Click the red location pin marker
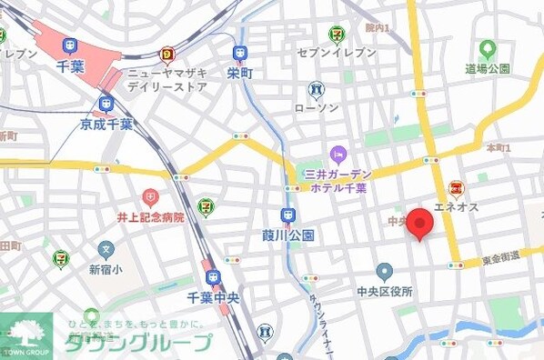click(419, 223)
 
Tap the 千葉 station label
click(70, 66)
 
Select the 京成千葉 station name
click(106, 124)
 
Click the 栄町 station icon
click(240, 54)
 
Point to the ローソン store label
click(317, 109)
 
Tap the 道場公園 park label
click(488, 69)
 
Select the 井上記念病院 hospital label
click(150, 217)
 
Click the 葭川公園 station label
click(288, 235)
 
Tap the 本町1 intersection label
click(499, 147)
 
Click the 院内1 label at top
click(377, 28)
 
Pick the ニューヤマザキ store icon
click(167, 55)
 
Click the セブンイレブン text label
click(337, 54)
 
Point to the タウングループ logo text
click(137, 343)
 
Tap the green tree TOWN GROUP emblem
click(25, 331)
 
